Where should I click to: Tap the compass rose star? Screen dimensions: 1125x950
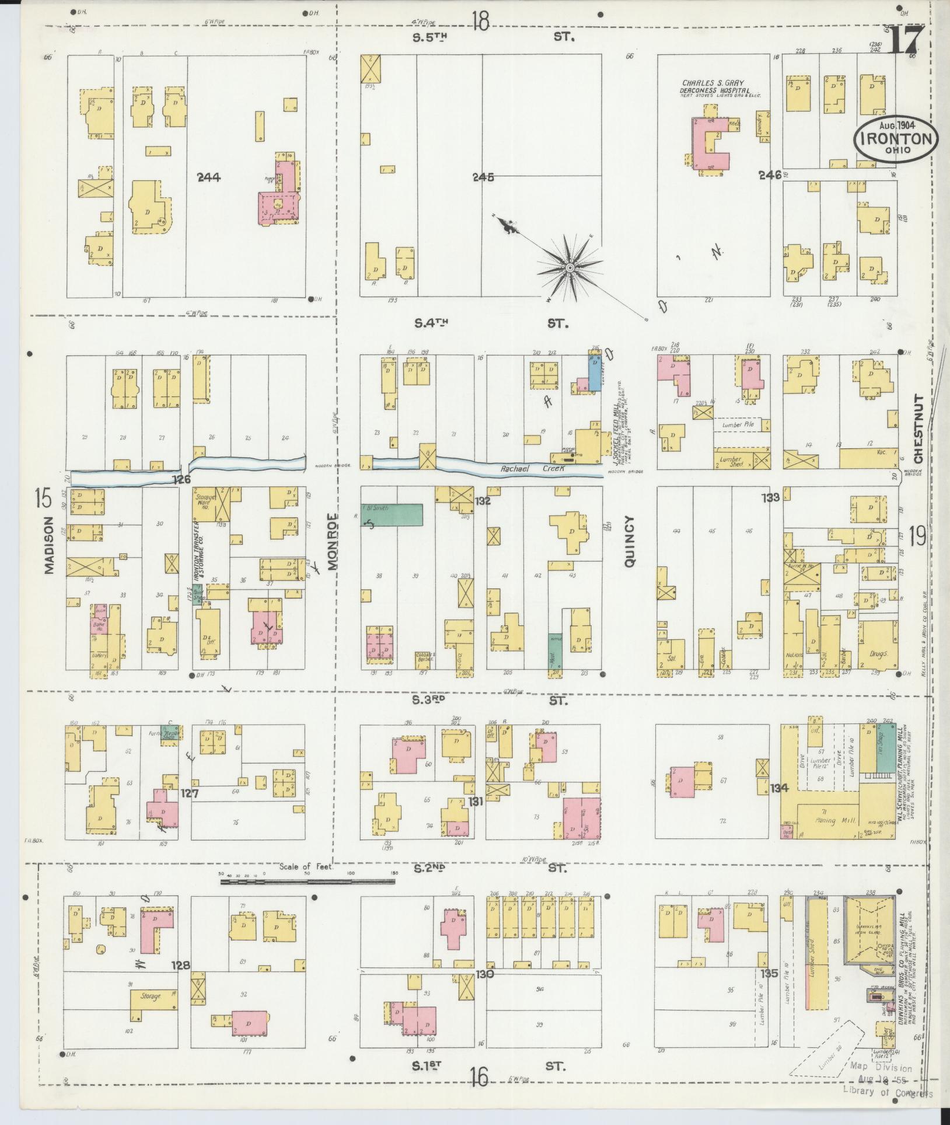(x=569, y=267)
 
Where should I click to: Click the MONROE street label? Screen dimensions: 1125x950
(x=333, y=541)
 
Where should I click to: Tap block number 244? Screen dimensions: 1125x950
(x=208, y=177)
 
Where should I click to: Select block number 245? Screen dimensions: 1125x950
(x=484, y=177)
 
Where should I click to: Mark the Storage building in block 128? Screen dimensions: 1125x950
(x=151, y=997)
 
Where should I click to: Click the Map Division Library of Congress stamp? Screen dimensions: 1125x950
(x=886, y=1087)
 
